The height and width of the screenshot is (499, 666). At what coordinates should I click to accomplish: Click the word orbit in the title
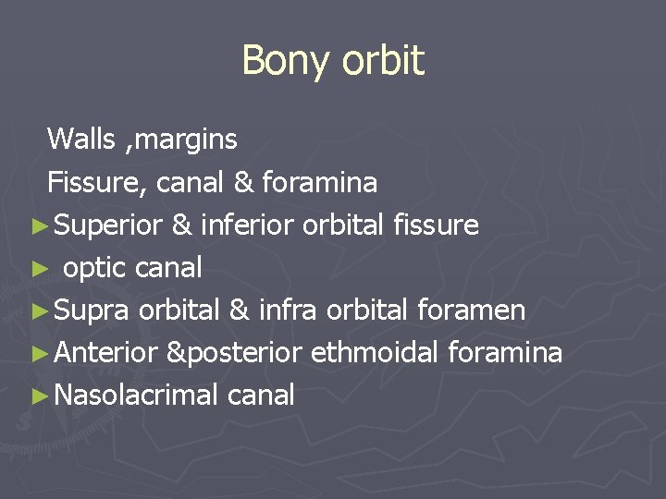[x=383, y=62]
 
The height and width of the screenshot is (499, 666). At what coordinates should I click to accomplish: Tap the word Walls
[x=81, y=140]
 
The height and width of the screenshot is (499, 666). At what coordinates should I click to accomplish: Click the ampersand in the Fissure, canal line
[x=244, y=183]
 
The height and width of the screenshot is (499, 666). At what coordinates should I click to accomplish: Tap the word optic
[x=95, y=268]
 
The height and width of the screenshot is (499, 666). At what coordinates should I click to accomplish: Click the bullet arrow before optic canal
[x=37, y=269]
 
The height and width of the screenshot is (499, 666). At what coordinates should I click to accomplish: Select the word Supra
[x=92, y=310]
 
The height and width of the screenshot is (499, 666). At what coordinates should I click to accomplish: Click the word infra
[x=288, y=310]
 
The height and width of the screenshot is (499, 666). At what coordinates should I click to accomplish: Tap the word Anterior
[x=108, y=353]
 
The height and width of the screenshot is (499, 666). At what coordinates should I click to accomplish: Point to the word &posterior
[x=236, y=353]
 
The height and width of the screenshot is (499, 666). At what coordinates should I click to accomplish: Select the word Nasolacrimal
[x=136, y=396]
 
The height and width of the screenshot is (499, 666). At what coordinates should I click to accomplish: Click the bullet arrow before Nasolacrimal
[x=37, y=396]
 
